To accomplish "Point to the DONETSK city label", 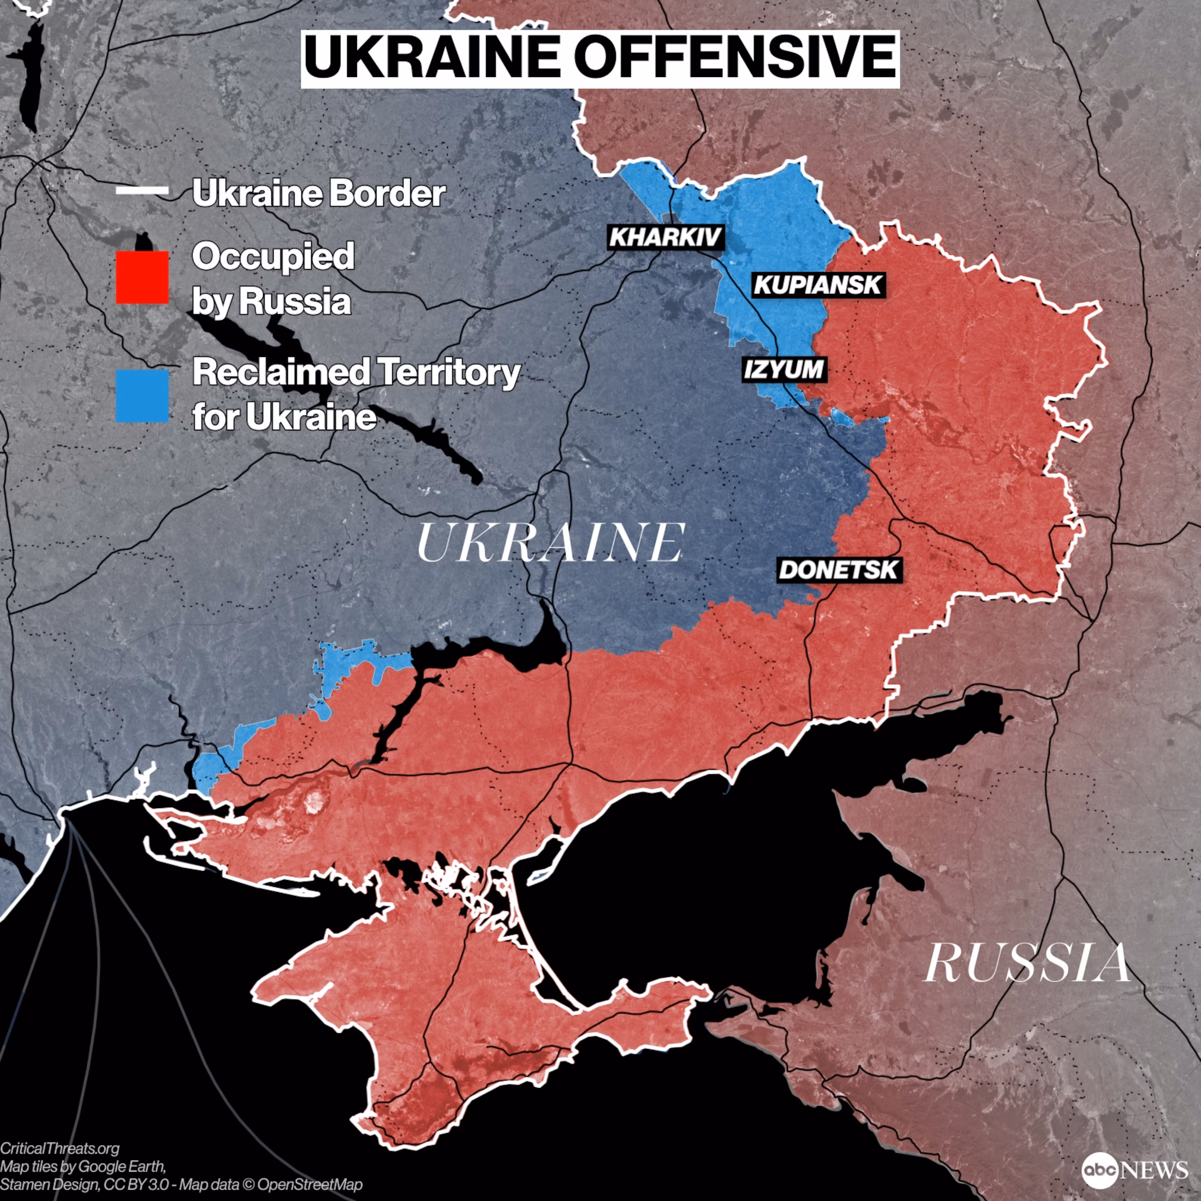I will tap(839, 569).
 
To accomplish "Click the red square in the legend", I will tap(142, 277).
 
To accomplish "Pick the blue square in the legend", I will tap(142, 396).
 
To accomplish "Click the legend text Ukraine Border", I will tap(318, 194).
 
